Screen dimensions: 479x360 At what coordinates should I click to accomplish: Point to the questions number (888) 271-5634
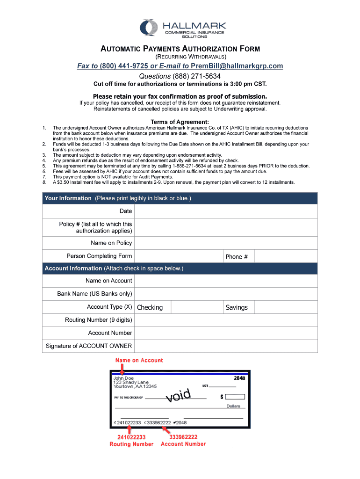(x=196, y=76)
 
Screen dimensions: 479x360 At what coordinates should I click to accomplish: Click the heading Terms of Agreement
(x=180, y=122)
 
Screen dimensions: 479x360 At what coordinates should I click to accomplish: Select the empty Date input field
(x=226, y=211)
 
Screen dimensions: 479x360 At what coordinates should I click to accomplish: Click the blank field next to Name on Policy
(x=226, y=243)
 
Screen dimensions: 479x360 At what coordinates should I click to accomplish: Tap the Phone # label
(x=237, y=256)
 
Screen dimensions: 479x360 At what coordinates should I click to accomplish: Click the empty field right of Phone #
(x=286, y=256)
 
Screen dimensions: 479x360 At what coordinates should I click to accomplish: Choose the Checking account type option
(x=150, y=307)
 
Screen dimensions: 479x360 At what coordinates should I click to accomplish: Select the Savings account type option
(x=237, y=307)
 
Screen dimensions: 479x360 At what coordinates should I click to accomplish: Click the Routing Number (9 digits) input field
(x=226, y=320)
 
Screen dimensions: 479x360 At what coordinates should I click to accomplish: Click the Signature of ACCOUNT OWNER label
(x=89, y=346)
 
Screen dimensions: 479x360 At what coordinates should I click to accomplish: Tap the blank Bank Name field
(x=226, y=294)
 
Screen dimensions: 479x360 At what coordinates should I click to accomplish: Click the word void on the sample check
(x=179, y=395)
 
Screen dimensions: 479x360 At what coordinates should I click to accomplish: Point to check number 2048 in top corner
(x=239, y=377)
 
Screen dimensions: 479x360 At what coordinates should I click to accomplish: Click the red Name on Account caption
(x=139, y=360)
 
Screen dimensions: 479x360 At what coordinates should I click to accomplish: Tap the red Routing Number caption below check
(x=131, y=444)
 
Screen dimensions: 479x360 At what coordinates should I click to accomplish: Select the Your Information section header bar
(x=180, y=198)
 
